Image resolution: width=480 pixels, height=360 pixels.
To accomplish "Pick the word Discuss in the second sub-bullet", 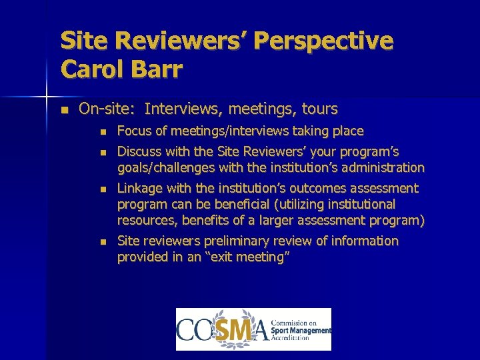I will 139,152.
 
